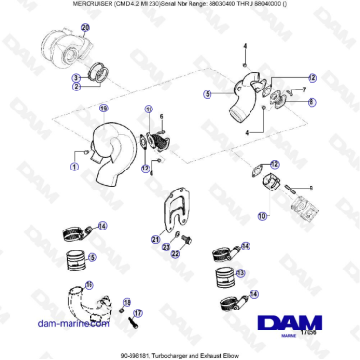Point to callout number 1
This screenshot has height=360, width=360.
(x=74, y=165)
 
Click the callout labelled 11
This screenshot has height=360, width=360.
(x=149, y=111)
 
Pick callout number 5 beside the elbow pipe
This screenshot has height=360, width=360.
(x=207, y=94)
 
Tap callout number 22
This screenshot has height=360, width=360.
(x=163, y=248)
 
